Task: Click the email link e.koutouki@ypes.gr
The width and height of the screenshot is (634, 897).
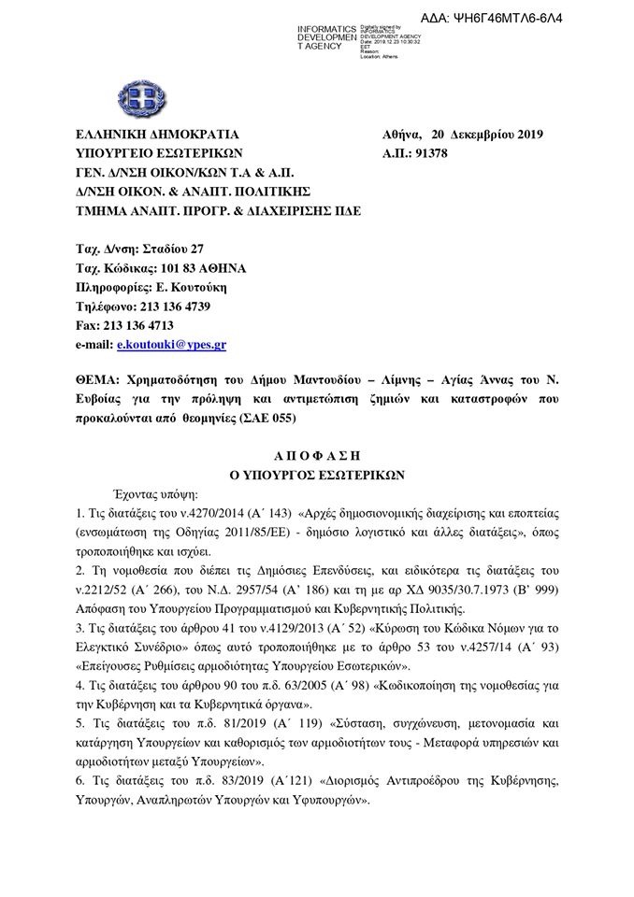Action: (171, 345)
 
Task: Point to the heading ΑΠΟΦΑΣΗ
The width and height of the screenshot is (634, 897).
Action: (316, 454)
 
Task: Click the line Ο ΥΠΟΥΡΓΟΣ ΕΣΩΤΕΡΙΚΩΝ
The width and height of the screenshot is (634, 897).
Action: (316, 474)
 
